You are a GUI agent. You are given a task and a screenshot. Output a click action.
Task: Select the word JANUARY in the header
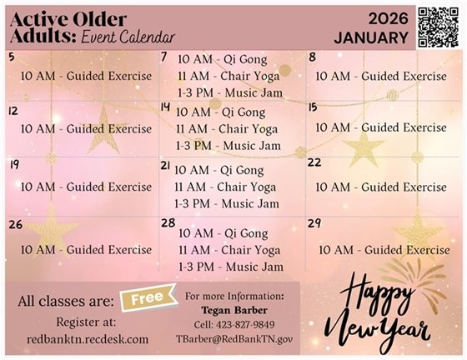tap(371, 38)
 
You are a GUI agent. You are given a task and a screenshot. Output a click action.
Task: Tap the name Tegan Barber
tap(233, 310)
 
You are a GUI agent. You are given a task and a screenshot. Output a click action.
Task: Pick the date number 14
tap(165, 107)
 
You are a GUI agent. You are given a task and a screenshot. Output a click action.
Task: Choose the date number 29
tap(314, 224)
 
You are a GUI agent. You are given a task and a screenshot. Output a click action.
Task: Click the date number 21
tap(165, 166)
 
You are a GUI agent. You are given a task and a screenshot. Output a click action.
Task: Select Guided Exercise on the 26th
tap(86, 249)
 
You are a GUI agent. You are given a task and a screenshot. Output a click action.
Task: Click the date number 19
tap(13, 165)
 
